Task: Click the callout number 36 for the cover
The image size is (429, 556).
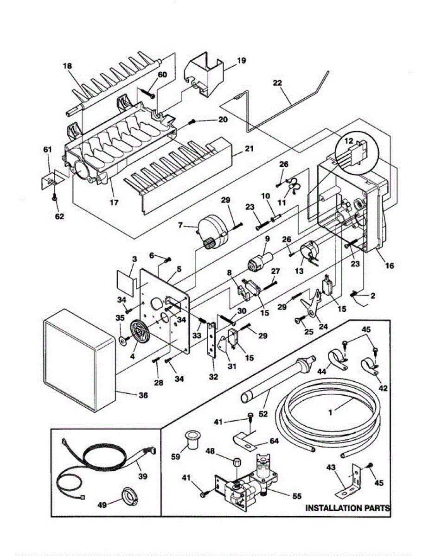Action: point(143,395)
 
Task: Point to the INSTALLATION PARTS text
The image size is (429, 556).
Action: point(347,508)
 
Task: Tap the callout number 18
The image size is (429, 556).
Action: point(68,66)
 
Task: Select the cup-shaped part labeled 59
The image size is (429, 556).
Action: point(192,440)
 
